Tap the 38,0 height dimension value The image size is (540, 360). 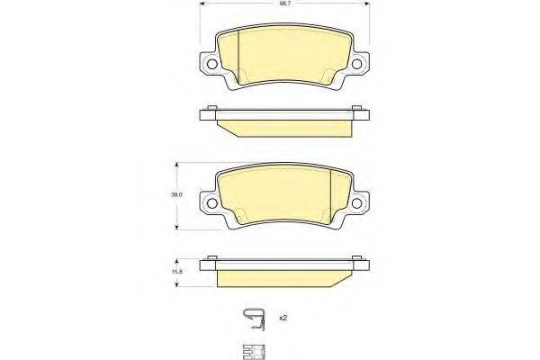(x=178, y=194)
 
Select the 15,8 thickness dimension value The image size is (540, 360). (x=178, y=270)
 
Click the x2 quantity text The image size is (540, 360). (x=283, y=319)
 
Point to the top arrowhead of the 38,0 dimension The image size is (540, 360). (x=177, y=166)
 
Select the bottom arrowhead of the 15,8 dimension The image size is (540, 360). (x=177, y=283)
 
